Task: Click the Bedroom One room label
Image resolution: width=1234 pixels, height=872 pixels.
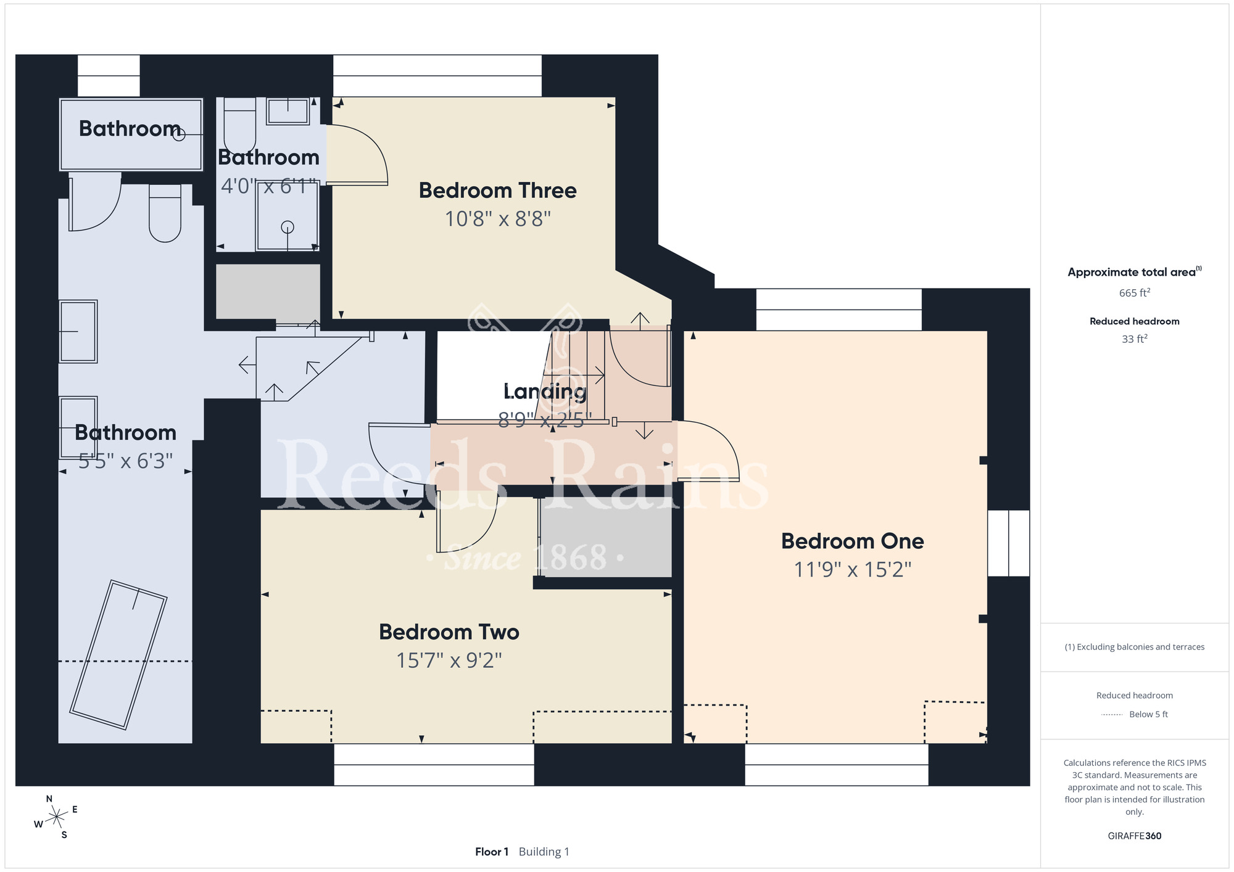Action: pos(852,541)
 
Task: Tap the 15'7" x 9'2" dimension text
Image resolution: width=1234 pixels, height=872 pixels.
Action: pos(449,660)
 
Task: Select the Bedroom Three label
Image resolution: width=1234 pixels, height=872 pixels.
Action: pos(497,191)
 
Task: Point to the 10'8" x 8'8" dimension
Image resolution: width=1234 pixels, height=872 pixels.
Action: pos(497,219)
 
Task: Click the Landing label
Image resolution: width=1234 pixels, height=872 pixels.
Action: pos(545,392)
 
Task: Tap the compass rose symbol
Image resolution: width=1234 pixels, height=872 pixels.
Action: pos(57,817)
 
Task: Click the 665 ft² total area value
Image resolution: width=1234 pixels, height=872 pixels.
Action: pos(1135,293)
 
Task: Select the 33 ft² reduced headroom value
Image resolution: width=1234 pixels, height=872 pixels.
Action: pos(1135,339)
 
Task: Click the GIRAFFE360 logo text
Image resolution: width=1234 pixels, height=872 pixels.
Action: pos(1135,836)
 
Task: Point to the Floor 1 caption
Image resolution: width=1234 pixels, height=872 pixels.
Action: pos(492,852)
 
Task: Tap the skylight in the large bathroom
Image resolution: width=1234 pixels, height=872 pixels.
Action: pos(118,655)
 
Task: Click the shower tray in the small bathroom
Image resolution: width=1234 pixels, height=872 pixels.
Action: pos(288,216)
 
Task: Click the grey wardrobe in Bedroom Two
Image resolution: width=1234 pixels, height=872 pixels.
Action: pos(605,537)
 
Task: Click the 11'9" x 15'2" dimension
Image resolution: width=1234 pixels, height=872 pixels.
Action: pos(852,569)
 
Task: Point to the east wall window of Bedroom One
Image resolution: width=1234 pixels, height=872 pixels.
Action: pos(1009,543)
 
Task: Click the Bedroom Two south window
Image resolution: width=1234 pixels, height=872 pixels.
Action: pos(434,765)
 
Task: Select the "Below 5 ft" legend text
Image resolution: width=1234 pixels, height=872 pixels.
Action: pos(1148,714)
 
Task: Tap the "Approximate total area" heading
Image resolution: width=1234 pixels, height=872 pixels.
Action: pos(1132,273)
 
